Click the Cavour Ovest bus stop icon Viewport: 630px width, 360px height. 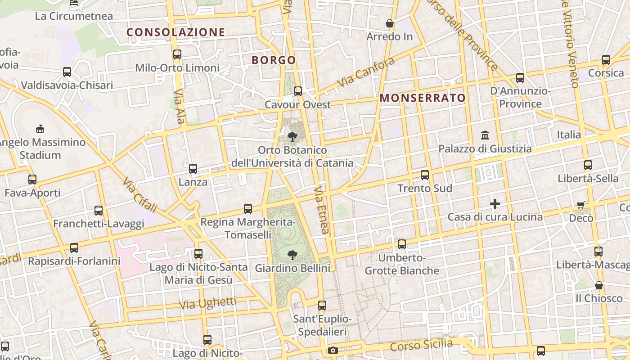coord(297,91)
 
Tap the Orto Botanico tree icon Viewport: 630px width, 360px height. coord(292,136)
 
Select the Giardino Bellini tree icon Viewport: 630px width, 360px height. coord(292,255)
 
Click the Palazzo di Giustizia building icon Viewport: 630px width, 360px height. coord(485,135)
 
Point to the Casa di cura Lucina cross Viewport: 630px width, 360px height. coord(495,204)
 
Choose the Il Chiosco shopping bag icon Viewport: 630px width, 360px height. coord(599,285)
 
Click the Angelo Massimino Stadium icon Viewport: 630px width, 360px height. coord(40,129)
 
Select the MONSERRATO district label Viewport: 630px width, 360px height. coord(423,98)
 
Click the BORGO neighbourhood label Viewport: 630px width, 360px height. coord(274,60)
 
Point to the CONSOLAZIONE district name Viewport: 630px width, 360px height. coord(175,32)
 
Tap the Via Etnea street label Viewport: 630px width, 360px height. coord(322,210)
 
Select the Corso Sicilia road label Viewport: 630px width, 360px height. coord(421,345)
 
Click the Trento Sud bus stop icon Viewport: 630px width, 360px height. coord(424,175)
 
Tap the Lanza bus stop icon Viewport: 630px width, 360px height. coord(193,169)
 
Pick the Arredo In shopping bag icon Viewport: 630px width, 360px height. coord(390,23)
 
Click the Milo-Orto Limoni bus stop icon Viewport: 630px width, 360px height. coord(177,54)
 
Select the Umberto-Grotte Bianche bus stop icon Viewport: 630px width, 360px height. coord(402,244)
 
